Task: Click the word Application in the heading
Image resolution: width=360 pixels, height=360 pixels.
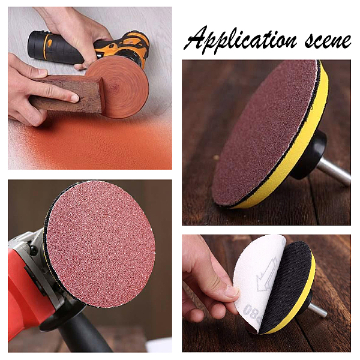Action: coord(242,39)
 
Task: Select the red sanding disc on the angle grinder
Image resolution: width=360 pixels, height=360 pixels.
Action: coord(101,244)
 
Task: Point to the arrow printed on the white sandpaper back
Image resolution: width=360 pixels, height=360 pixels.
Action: coord(267,275)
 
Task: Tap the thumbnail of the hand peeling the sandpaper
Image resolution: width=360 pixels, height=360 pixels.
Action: coord(232,292)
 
